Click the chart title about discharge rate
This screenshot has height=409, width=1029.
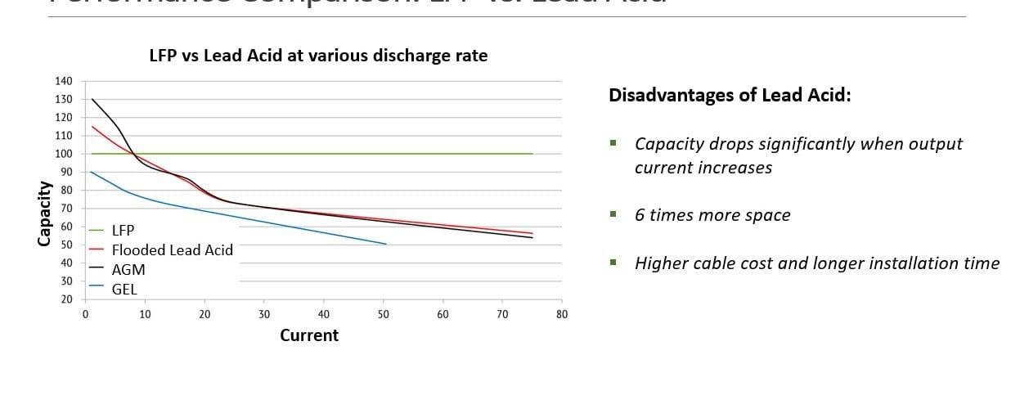pos(317,56)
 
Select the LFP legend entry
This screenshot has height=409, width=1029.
pos(123,231)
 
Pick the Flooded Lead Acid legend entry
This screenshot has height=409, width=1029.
pos(172,250)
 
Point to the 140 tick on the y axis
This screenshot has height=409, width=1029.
pos(64,81)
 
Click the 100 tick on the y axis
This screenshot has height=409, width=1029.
pos(64,154)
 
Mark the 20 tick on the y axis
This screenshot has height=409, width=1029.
pos(65,299)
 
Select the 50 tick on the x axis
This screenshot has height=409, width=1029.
pos(383,314)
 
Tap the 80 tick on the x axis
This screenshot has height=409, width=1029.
pos(561,314)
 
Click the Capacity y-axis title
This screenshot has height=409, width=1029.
pos(44,213)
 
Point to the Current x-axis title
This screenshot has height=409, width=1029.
pos(309,335)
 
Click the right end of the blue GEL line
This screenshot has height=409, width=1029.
pos(386,244)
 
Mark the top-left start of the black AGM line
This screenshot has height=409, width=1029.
pos(92,100)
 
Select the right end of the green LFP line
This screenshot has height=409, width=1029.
pos(532,154)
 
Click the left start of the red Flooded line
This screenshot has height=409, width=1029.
pos(92,127)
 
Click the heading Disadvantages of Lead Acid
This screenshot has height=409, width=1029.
pos(730,96)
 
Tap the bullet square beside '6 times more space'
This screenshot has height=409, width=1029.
pos(613,214)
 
